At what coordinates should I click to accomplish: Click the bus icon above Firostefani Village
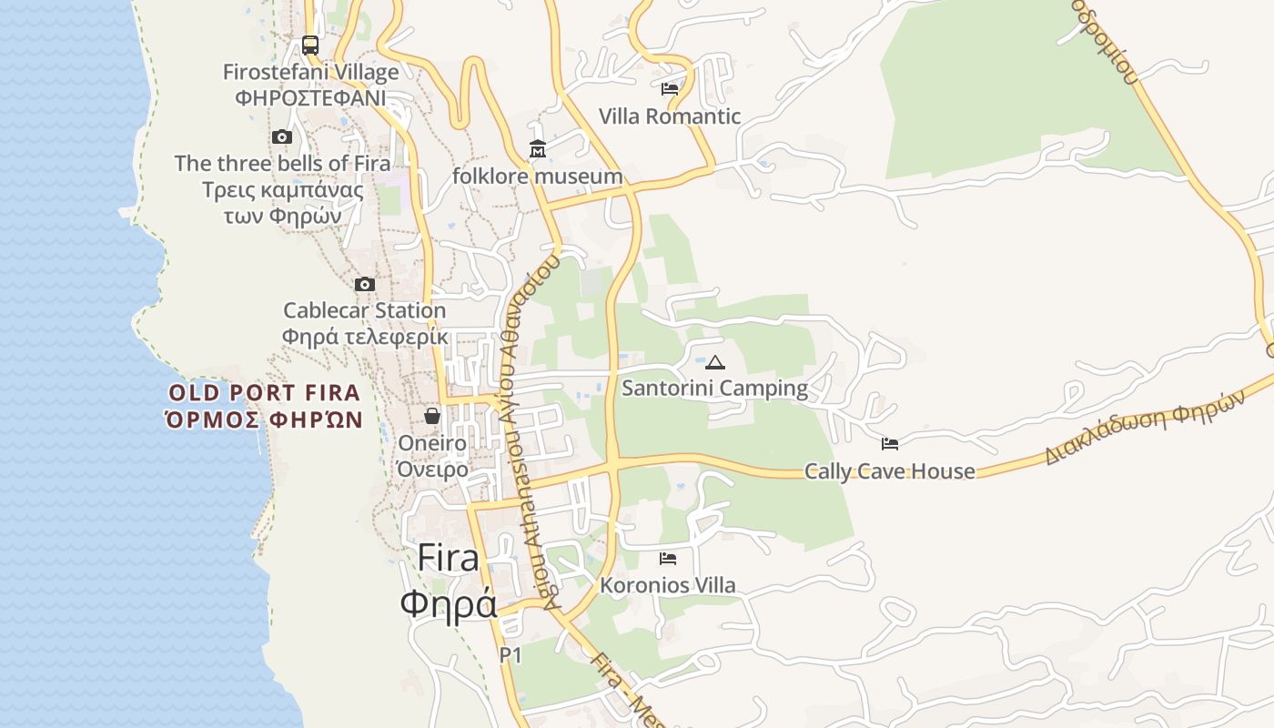(310, 45)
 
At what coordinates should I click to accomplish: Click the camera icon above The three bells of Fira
(282, 137)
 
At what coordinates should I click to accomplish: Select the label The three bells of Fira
(282, 164)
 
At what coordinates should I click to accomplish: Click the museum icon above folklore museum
(538, 148)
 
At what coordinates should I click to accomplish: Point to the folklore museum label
(538, 176)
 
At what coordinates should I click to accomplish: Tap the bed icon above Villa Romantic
(670, 89)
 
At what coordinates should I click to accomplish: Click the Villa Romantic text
(670, 116)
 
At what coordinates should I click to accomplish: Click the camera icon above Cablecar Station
(365, 285)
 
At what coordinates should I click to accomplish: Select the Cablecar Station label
(365, 310)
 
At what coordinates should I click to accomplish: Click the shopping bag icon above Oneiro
(432, 416)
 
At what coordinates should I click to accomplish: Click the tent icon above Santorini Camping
(715, 363)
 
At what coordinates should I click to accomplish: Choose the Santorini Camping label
(714, 389)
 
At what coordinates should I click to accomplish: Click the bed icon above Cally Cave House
(890, 444)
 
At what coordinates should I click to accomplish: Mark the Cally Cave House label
(890, 471)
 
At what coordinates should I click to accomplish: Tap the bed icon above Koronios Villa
(668, 559)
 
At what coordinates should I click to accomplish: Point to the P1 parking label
(511, 654)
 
